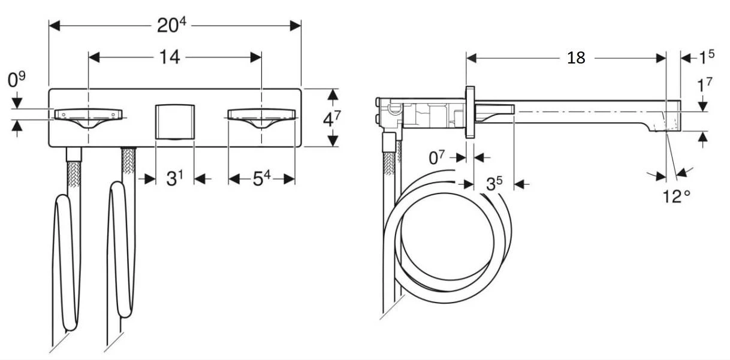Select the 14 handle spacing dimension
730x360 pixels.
[170, 58]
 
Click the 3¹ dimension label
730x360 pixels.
[174, 179]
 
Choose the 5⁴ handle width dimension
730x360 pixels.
[261, 179]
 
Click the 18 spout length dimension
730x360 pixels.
[575, 58]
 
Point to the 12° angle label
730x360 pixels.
[677, 196]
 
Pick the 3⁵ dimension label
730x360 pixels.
[494, 184]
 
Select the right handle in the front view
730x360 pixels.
[261, 116]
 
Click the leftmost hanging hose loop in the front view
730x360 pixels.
[65, 264]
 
